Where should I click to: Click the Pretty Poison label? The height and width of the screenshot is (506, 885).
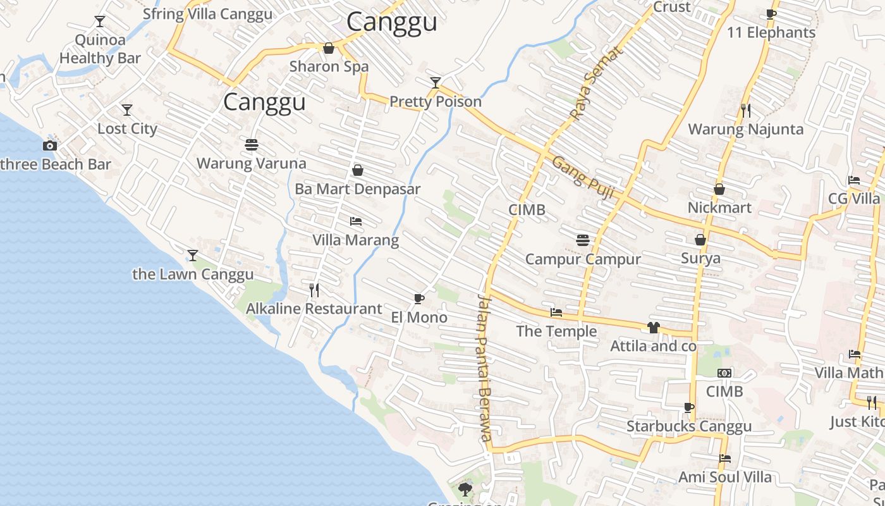coord(435,101)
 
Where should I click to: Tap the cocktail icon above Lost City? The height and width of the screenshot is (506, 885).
coord(127,110)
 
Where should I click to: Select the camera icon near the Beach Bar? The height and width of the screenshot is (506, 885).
coord(50,146)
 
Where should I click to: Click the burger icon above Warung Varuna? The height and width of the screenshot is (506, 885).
coord(251,145)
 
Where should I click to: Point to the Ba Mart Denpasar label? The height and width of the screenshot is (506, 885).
coord(357,189)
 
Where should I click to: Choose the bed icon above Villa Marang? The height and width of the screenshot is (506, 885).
coord(356,221)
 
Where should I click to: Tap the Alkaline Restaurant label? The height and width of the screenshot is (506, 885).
coord(314,309)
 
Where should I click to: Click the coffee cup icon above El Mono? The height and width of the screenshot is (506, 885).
coord(418,299)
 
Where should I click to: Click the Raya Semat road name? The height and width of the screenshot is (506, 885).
coord(595,83)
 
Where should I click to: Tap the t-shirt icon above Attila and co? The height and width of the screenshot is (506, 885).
coord(653,327)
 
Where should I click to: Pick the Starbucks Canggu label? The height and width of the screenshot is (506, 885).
coord(689,426)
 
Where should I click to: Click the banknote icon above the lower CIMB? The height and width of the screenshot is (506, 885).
coord(724,373)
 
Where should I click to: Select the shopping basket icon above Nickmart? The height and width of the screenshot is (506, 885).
coord(719,189)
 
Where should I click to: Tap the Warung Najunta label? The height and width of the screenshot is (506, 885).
coord(745,129)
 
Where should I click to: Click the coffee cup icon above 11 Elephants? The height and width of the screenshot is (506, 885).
coord(771,14)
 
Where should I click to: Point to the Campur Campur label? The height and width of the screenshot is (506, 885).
coord(583,259)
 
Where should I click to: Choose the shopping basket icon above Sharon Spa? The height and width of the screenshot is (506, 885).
coord(329,48)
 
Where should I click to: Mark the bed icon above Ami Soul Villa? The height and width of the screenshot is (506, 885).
coord(725,458)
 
